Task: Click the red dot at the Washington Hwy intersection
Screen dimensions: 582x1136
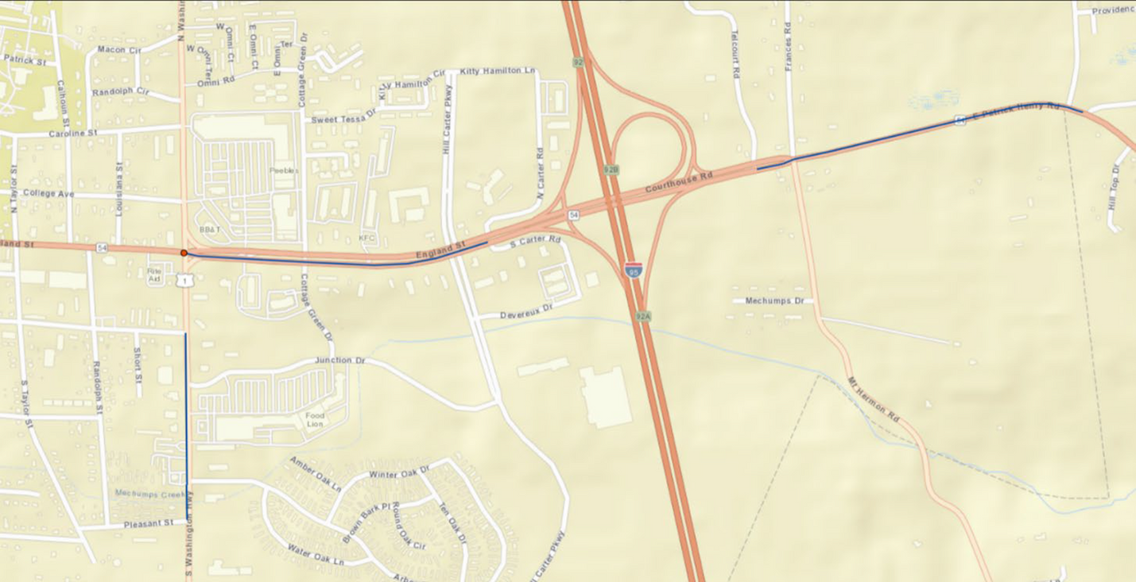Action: tap(184, 253)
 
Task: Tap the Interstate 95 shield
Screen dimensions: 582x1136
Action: tap(633, 270)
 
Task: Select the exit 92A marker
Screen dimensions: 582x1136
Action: tap(643, 316)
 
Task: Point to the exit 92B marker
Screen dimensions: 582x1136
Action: tap(611, 169)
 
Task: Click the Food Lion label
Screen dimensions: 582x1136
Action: tap(316, 419)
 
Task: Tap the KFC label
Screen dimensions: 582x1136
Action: tap(366, 237)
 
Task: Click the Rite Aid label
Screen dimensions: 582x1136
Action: tap(154, 274)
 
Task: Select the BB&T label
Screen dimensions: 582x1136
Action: tap(210, 229)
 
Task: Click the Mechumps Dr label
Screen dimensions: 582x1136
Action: tap(774, 301)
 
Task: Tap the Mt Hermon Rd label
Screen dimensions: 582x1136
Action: tap(873, 400)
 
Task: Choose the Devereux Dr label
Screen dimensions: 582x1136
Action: tap(525, 311)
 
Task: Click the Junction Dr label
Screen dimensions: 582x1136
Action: tap(339, 360)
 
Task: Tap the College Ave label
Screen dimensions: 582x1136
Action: tap(48, 193)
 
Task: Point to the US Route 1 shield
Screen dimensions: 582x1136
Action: tap(184, 281)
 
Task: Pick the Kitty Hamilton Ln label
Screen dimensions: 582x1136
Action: tap(497, 71)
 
